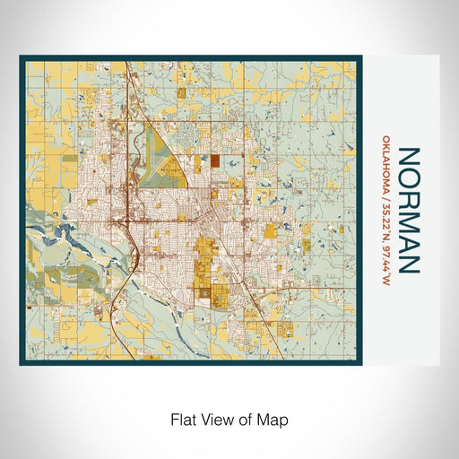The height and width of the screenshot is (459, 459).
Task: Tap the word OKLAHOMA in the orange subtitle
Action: click(x=385, y=168)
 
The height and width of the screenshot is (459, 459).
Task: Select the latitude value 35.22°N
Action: click(x=385, y=224)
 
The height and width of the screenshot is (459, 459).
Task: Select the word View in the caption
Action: click(x=216, y=419)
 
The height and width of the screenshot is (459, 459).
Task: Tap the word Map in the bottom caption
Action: click(x=274, y=419)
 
